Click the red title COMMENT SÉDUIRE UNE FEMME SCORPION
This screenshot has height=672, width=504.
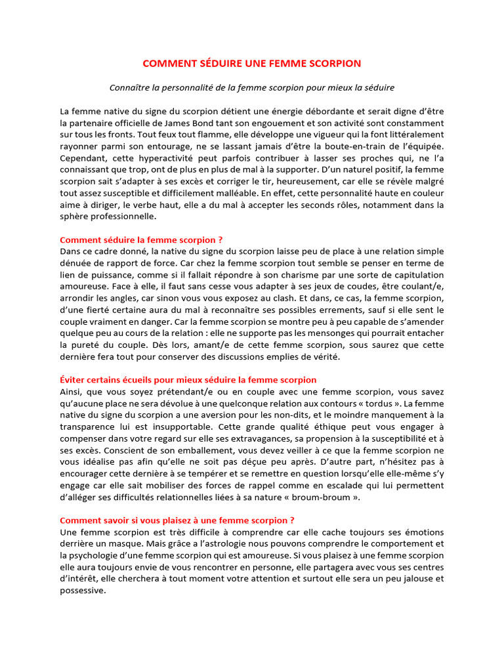pos(252,63)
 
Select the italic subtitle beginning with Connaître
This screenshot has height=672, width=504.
pos(252,87)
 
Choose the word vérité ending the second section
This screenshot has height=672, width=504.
pos(324,356)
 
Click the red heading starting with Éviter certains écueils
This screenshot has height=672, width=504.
pos(188,379)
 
